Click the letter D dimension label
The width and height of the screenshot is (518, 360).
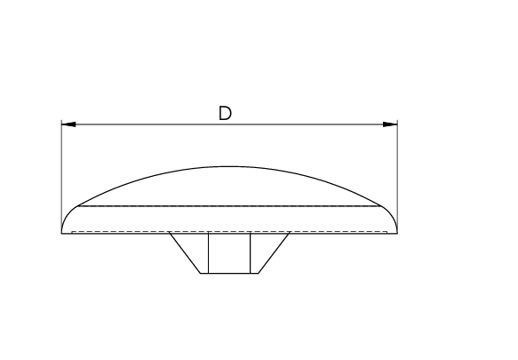(x=226, y=113)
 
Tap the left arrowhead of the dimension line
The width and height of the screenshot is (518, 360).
(x=68, y=124)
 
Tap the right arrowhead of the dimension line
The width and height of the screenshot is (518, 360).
(x=390, y=124)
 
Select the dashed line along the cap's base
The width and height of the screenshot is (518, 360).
(x=229, y=231)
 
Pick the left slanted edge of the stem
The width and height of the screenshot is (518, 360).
(x=185, y=253)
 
